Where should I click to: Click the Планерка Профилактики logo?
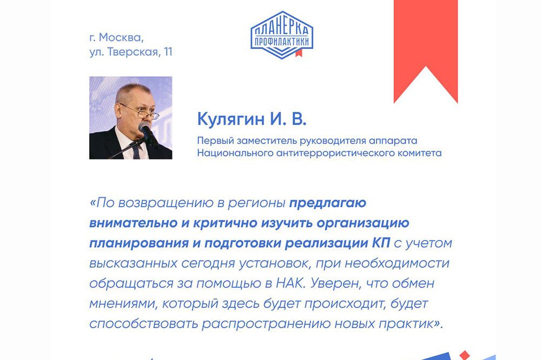[x=281, y=35]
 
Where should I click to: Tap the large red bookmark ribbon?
[x=426, y=42]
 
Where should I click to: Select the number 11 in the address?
[x=168, y=52]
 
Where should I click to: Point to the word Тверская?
[x=133, y=52]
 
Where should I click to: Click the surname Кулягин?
[x=231, y=119]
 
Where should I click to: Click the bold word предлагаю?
[x=328, y=203]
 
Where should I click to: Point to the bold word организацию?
[x=363, y=223]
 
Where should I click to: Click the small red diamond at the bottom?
[x=464, y=355]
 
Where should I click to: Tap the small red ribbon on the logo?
[x=299, y=53]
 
